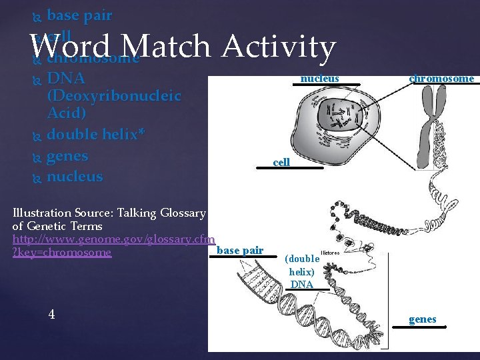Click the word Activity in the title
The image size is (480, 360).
[x=279, y=47]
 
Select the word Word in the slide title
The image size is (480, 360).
[x=71, y=47]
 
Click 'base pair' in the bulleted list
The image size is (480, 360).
[x=79, y=15]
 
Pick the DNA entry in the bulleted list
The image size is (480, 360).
[x=66, y=79]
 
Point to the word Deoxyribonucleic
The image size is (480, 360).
[x=114, y=96]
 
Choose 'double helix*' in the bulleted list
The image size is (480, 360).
[x=96, y=134]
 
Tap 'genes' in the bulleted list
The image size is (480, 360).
[x=67, y=155]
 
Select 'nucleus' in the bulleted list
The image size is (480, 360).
[x=75, y=177]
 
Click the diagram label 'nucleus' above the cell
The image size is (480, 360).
[x=319, y=79]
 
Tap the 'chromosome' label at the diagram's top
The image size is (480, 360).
[x=441, y=79]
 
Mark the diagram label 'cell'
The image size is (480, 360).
[x=281, y=162]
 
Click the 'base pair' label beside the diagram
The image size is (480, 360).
[x=240, y=251]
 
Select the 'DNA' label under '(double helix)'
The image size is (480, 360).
[x=301, y=285]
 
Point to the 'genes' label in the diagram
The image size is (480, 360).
[x=422, y=319]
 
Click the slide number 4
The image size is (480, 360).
[x=52, y=315]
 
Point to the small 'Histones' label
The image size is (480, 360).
[x=330, y=253]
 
